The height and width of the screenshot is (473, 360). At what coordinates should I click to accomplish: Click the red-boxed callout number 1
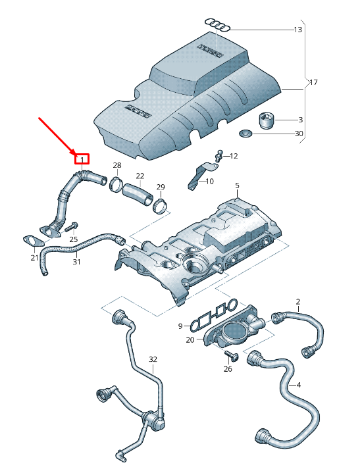[x=82, y=159]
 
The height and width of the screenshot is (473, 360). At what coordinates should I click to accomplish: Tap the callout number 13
[x=298, y=30]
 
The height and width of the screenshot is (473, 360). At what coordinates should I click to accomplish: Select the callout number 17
[x=313, y=82]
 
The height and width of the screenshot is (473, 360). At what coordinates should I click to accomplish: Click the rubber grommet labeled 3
[x=267, y=121]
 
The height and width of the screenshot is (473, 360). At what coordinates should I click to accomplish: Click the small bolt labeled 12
[x=219, y=155]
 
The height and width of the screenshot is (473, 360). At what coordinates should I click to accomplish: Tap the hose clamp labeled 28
[x=116, y=185]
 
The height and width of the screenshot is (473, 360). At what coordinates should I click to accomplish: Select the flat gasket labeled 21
[x=30, y=241]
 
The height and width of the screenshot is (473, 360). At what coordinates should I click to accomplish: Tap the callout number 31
[x=76, y=262]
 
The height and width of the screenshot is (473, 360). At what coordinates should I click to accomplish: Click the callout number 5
[x=237, y=186]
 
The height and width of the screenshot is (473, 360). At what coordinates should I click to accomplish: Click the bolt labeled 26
[x=231, y=356]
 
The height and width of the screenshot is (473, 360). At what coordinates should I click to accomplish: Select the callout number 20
[x=190, y=339]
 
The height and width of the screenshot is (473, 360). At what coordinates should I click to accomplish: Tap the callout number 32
[x=153, y=359]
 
